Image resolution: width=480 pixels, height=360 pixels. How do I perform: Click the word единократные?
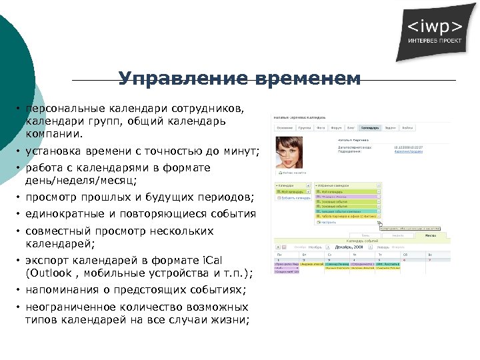(67, 214)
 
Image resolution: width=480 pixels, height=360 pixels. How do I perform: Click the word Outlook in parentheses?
(51, 273)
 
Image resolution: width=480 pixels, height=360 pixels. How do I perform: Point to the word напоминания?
(63, 290)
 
